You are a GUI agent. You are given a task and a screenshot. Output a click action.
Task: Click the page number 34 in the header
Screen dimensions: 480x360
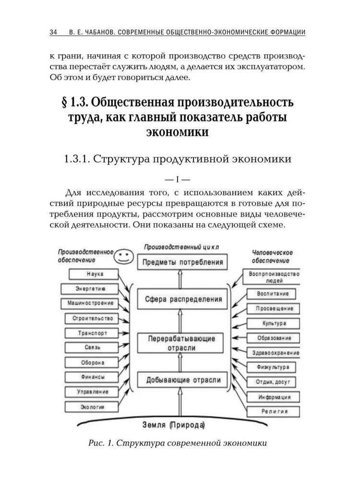click(53, 33)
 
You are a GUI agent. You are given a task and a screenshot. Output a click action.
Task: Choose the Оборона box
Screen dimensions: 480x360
click(92, 362)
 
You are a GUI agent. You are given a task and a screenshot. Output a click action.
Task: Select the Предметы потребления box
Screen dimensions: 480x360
click(182, 263)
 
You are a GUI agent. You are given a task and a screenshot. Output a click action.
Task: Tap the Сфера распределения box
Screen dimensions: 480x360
click(183, 299)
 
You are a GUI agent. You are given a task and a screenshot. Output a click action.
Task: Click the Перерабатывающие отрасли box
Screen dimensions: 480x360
click(183, 343)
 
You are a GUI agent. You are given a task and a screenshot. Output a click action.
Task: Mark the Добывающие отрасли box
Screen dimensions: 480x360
click(183, 380)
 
